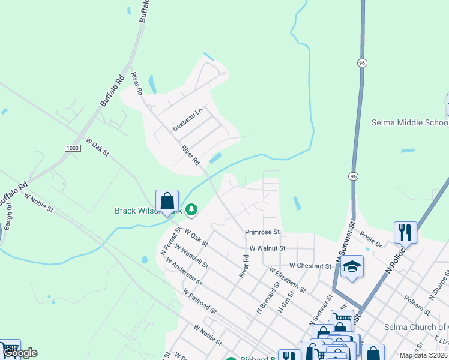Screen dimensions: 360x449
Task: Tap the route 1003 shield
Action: (x=72, y=148)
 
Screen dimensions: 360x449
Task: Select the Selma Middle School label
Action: (x=409, y=123)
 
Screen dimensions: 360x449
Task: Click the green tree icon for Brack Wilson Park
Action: (x=191, y=209)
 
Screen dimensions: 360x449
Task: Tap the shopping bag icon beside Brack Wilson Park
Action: (x=167, y=201)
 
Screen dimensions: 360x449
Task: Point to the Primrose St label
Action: (x=262, y=232)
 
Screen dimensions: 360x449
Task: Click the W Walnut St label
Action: (x=267, y=248)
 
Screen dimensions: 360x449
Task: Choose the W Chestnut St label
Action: (x=310, y=265)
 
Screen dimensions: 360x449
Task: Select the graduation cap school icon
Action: (x=352, y=268)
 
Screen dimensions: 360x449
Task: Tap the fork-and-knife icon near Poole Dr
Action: (x=405, y=232)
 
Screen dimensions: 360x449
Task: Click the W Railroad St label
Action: (x=200, y=299)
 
